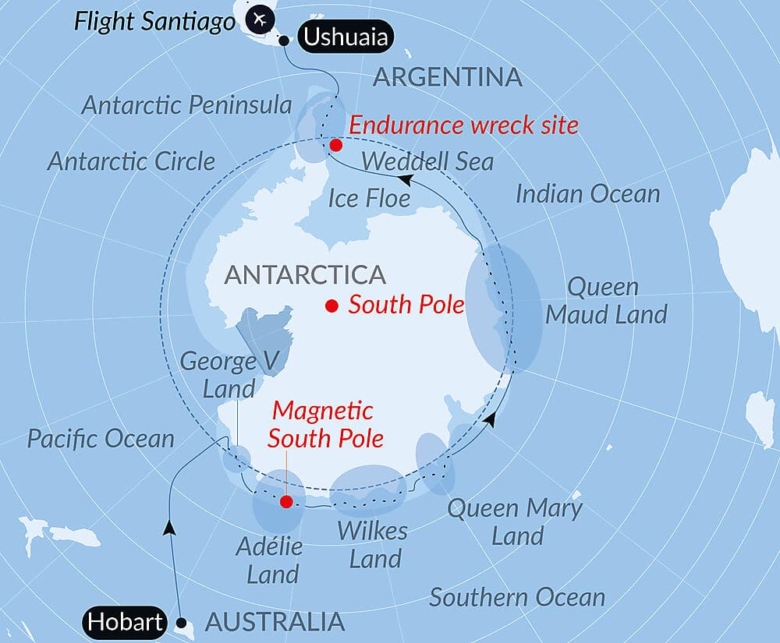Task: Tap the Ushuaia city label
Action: pyautogui.click(x=344, y=37)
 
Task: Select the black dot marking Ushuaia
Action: pyautogui.click(x=285, y=41)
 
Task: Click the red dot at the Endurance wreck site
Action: pyautogui.click(x=336, y=145)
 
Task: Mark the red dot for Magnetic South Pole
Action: pyautogui.click(x=286, y=502)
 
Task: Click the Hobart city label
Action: pyautogui.click(x=125, y=621)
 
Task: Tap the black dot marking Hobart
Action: pyautogui.click(x=183, y=623)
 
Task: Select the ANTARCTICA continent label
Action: pyautogui.click(x=305, y=274)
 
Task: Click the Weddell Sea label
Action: pyautogui.click(x=428, y=161)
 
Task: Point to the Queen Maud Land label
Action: pyautogui.click(x=606, y=300)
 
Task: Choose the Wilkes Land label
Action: pyautogui.click(x=373, y=545)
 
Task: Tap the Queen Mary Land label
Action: pyautogui.click(x=515, y=522)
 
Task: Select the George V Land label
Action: pyautogui.click(x=218, y=374)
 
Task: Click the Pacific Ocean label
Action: pyautogui.click(x=101, y=438)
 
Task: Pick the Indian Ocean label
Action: pyautogui.click(x=588, y=194)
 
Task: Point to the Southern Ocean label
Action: pyautogui.click(x=517, y=598)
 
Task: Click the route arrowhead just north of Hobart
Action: pyautogui.click(x=168, y=528)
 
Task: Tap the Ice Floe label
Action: pyautogui.click(x=369, y=198)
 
